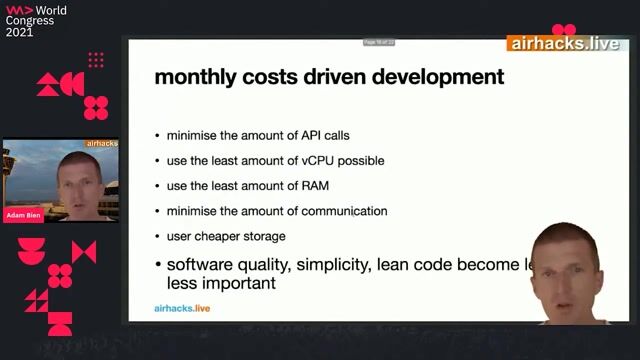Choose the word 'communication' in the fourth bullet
346,211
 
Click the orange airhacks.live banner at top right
564,43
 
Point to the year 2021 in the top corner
19,32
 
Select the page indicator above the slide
379,42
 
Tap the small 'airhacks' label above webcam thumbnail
103,144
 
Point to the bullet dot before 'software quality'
157,266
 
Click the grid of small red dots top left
96,60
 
